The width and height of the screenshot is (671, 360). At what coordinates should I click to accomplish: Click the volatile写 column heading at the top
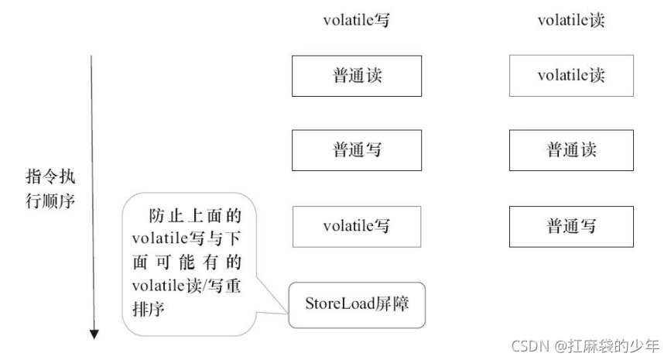356,21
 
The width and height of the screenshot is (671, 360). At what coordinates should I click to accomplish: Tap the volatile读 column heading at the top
571,21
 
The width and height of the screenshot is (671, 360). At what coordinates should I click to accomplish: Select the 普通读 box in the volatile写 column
357,76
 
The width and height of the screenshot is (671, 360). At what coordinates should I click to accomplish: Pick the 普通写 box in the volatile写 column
357,149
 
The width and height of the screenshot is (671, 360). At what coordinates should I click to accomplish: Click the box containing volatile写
357,226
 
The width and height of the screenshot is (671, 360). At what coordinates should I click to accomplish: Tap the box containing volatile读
571,76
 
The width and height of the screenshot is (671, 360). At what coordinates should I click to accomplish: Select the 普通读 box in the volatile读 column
571,149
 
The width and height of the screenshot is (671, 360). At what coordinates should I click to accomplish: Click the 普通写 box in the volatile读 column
571,226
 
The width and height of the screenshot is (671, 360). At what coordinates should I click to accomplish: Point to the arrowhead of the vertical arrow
94,334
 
